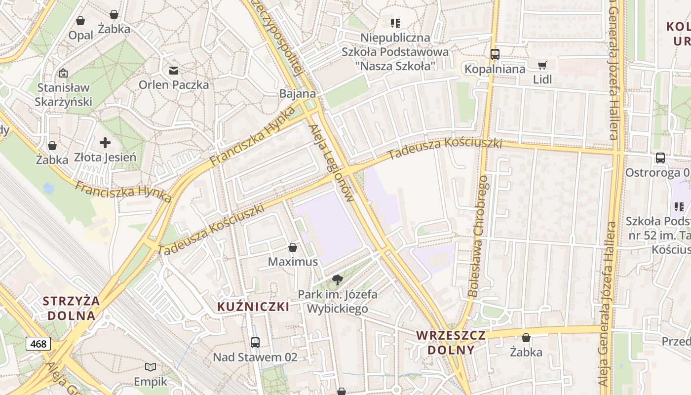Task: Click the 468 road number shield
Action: pos(38,344)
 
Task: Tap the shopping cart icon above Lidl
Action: pos(542,65)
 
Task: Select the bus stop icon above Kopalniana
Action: pos(495,54)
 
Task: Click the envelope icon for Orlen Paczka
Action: pos(174,71)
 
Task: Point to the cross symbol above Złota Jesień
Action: pos(105,143)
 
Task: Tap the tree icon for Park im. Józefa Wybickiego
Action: pos(338,280)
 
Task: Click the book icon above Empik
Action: pos(151,367)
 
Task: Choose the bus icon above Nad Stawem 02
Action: pos(255,342)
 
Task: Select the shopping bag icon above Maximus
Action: pos(293,247)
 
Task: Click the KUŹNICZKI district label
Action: pos(253,307)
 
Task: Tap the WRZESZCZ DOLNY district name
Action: pos(451,343)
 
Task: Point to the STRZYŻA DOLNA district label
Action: pos(71,308)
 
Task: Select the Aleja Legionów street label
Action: pos(331,163)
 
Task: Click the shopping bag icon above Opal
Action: pos(80,21)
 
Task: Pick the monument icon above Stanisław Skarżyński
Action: pos(63,73)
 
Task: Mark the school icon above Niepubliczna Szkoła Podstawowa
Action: pos(395,23)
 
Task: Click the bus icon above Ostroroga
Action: pos(660,158)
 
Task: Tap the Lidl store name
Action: pos(542,79)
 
